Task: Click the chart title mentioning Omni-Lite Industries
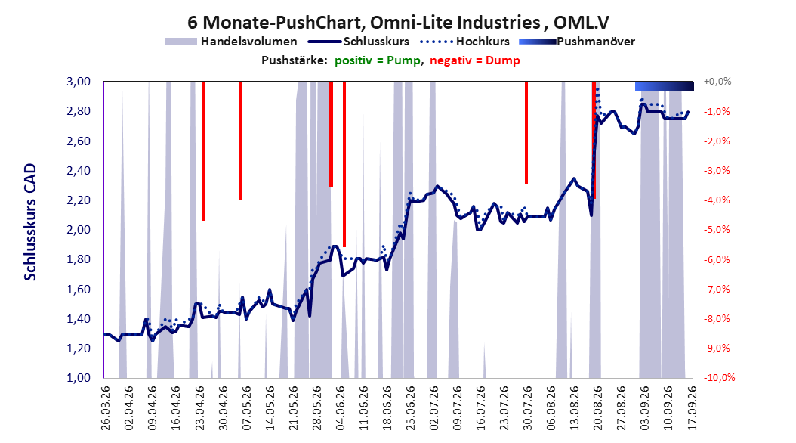pyautogui.click(x=398, y=23)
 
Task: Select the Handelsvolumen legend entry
pyautogui.click(x=231, y=42)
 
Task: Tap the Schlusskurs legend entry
pyautogui.click(x=359, y=42)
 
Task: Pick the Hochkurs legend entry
pyautogui.click(x=464, y=42)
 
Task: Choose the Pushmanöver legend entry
pyautogui.click(x=577, y=42)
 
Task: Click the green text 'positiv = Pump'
pyautogui.click(x=377, y=60)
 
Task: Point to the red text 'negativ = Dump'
pyautogui.click(x=475, y=60)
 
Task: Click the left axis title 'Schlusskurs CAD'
pyautogui.click(x=30, y=222)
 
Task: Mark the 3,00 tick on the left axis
pyautogui.click(x=79, y=82)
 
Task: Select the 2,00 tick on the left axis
pyautogui.click(x=79, y=230)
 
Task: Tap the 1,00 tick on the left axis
pyautogui.click(x=79, y=377)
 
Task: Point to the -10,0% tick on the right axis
pyautogui.click(x=719, y=377)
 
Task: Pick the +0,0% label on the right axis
pyautogui.click(x=717, y=82)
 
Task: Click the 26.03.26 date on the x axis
pyautogui.click(x=105, y=408)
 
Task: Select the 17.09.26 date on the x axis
pyautogui.click(x=691, y=408)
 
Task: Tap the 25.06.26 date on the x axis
pyautogui.click(x=409, y=408)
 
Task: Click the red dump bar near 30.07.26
pyautogui.click(x=526, y=132)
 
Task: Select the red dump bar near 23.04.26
pyautogui.click(x=203, y=151)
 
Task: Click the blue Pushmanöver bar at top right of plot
pyautogui.click(x=665, y=86)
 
